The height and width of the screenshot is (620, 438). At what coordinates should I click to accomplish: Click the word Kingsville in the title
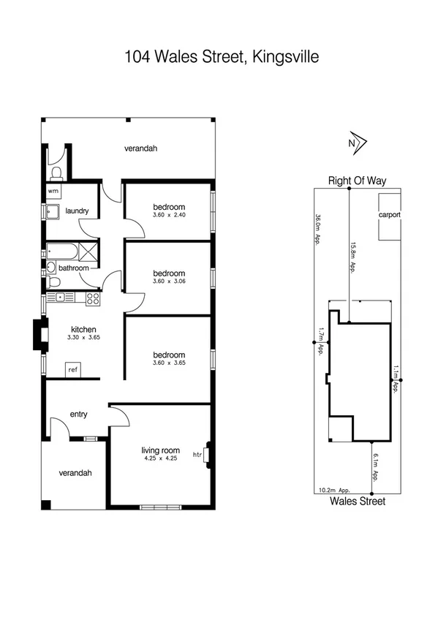283,57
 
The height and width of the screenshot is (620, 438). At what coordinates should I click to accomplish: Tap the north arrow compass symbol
356,143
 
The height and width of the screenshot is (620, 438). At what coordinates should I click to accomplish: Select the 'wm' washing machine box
53,191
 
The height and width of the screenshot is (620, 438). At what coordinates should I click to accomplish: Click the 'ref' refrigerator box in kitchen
73,370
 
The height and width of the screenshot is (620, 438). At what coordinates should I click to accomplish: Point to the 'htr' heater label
197,455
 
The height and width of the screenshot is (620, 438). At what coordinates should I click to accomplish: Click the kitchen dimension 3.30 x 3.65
84,338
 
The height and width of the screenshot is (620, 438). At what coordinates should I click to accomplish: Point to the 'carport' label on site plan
388,215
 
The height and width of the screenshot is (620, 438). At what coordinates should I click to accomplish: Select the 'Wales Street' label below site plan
357,502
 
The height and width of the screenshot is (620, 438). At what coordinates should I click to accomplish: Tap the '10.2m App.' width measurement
334,491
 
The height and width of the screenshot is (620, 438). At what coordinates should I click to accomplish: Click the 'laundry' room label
77,211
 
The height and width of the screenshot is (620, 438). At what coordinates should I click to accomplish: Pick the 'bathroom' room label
74,268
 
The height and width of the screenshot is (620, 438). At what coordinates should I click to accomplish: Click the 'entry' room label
78,415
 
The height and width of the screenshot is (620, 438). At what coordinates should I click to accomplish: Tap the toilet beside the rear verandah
56,173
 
